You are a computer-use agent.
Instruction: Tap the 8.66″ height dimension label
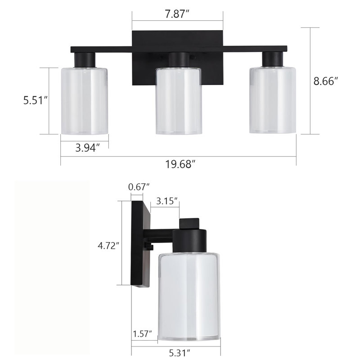coord(325,81)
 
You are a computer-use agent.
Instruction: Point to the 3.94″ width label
coord(85,147)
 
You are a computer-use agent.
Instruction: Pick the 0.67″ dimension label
coord(139,186)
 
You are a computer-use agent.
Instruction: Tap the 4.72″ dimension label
coord(109,245)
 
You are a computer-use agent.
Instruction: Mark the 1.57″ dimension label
coord(142,333)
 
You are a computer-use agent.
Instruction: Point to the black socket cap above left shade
coord(85,59)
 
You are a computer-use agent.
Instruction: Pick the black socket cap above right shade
coord(273,59)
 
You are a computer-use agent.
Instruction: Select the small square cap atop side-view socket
coord(189,223)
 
